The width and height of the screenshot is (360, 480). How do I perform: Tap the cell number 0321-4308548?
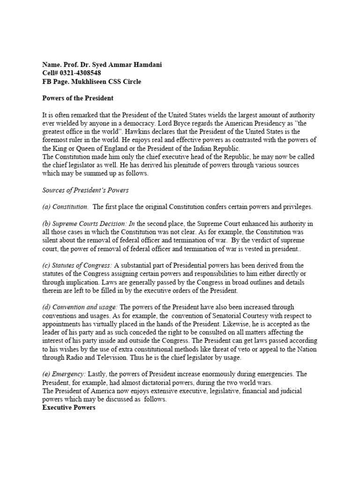(79, 73)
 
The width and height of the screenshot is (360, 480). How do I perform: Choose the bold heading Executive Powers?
(69, 407)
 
